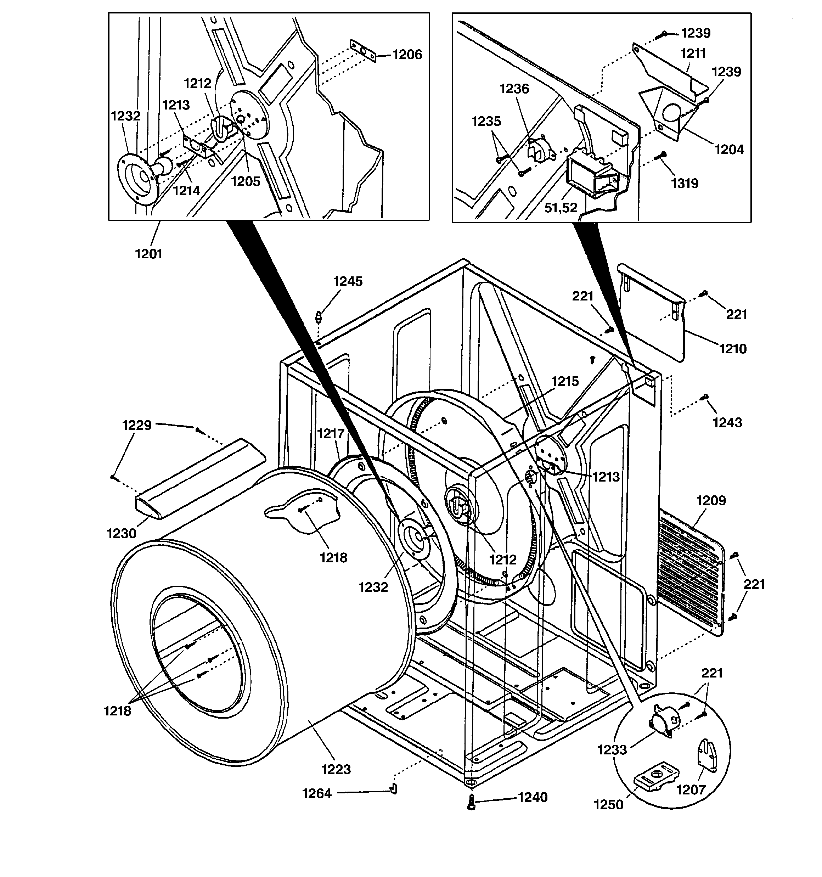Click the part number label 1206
[x=407, y=55]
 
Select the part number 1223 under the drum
[x=336, y=769]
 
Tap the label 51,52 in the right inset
[x=561, y=208]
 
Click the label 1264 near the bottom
[x=316, y=794]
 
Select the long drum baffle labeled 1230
[x=198, y=478]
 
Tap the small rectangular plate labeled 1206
[x=363, y=51]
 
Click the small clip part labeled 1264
[x=393, y=789]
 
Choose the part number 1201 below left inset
[x=149, y=254]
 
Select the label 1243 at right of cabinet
[x=727, y=423]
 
